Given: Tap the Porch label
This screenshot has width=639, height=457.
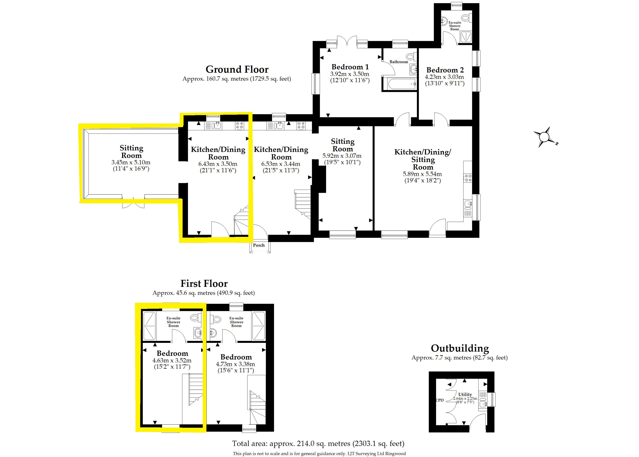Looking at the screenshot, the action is click(x=259, y=245).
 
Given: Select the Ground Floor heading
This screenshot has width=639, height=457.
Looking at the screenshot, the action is click(x=237, y=69).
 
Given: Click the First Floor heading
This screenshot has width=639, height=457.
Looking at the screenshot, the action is click(x=204, y=283).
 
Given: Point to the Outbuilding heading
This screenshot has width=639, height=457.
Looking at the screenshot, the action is click(x=460, y=348).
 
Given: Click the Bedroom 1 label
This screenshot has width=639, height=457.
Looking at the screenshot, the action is click(x=350, y=67).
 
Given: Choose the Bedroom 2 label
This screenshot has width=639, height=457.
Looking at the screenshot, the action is click(x=445, y=70).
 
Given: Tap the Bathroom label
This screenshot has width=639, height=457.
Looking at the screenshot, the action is click(x=399, y=62).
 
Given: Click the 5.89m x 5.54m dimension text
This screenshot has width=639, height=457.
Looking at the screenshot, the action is click(x=422, y=174).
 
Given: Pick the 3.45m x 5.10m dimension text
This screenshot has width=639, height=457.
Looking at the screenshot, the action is click(x=131, y=162).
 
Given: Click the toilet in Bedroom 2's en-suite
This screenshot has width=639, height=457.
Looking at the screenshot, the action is click(x=467, y=18).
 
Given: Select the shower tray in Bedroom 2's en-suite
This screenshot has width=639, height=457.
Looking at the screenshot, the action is click(x=466, y=37).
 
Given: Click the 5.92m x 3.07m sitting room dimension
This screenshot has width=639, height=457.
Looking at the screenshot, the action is click(x=342, y=156).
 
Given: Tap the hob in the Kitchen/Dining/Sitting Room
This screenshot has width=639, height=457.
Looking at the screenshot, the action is click(x=468, y=178).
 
